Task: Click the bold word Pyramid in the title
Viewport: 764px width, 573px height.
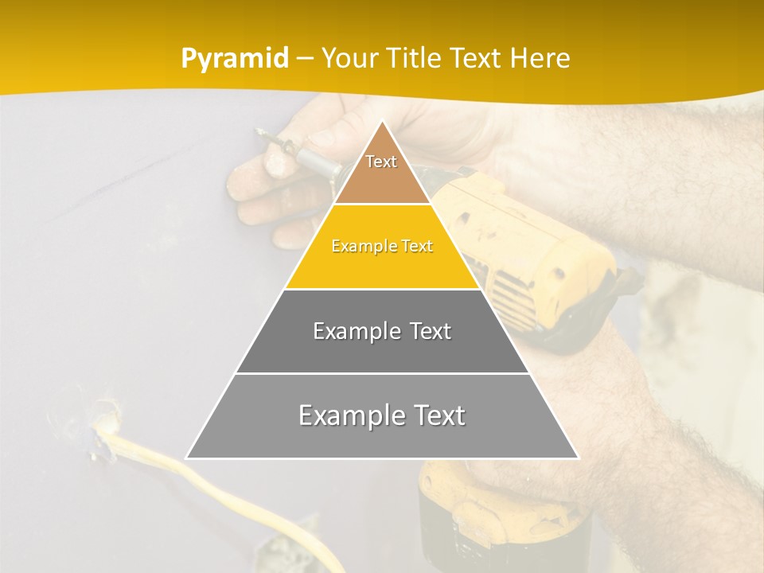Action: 234,59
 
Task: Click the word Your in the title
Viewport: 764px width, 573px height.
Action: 351,59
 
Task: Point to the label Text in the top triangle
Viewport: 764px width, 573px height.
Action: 381,162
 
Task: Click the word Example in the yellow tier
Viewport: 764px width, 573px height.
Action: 359,247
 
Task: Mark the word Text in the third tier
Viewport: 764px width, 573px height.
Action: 430,331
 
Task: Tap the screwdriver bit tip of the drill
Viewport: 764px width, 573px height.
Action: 259,131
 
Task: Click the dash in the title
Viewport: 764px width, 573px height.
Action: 306,59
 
